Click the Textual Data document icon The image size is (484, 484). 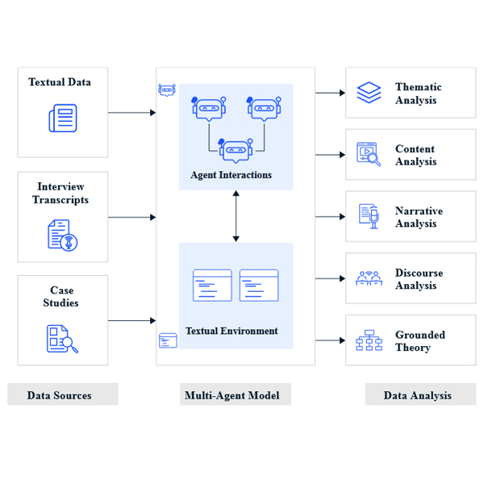pyautogui.click(x=62, y=119)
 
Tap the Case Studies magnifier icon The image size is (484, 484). pyautogui.click(x=62, y=338)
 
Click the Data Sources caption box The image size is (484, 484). pyautogui.click(x=62, y=394)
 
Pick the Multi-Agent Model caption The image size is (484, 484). pyautogui.click(x=232, y=394)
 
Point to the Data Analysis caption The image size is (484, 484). pyautogui.click(x=417, y=394)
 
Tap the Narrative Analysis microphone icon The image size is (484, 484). pyautogui.click(x=369, y=216)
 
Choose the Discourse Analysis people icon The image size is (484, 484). pyautogui.click(x=369, y=278)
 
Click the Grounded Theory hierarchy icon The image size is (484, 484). pyautogui.click(x=369, y=340)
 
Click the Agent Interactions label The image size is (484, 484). pyautogui.click(x=232, y=175)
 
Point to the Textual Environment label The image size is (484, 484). pyautogui.click(x=232, y=331)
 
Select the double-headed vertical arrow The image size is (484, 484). pyautogui.click(x=236, y=216)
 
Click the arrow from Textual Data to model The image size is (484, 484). pyautogui.click(x=131, y=112)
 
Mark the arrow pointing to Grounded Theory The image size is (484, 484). pyautogui.click(x=330, y=340)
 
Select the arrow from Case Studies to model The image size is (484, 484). pyautogui.click(x=131, y=320)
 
